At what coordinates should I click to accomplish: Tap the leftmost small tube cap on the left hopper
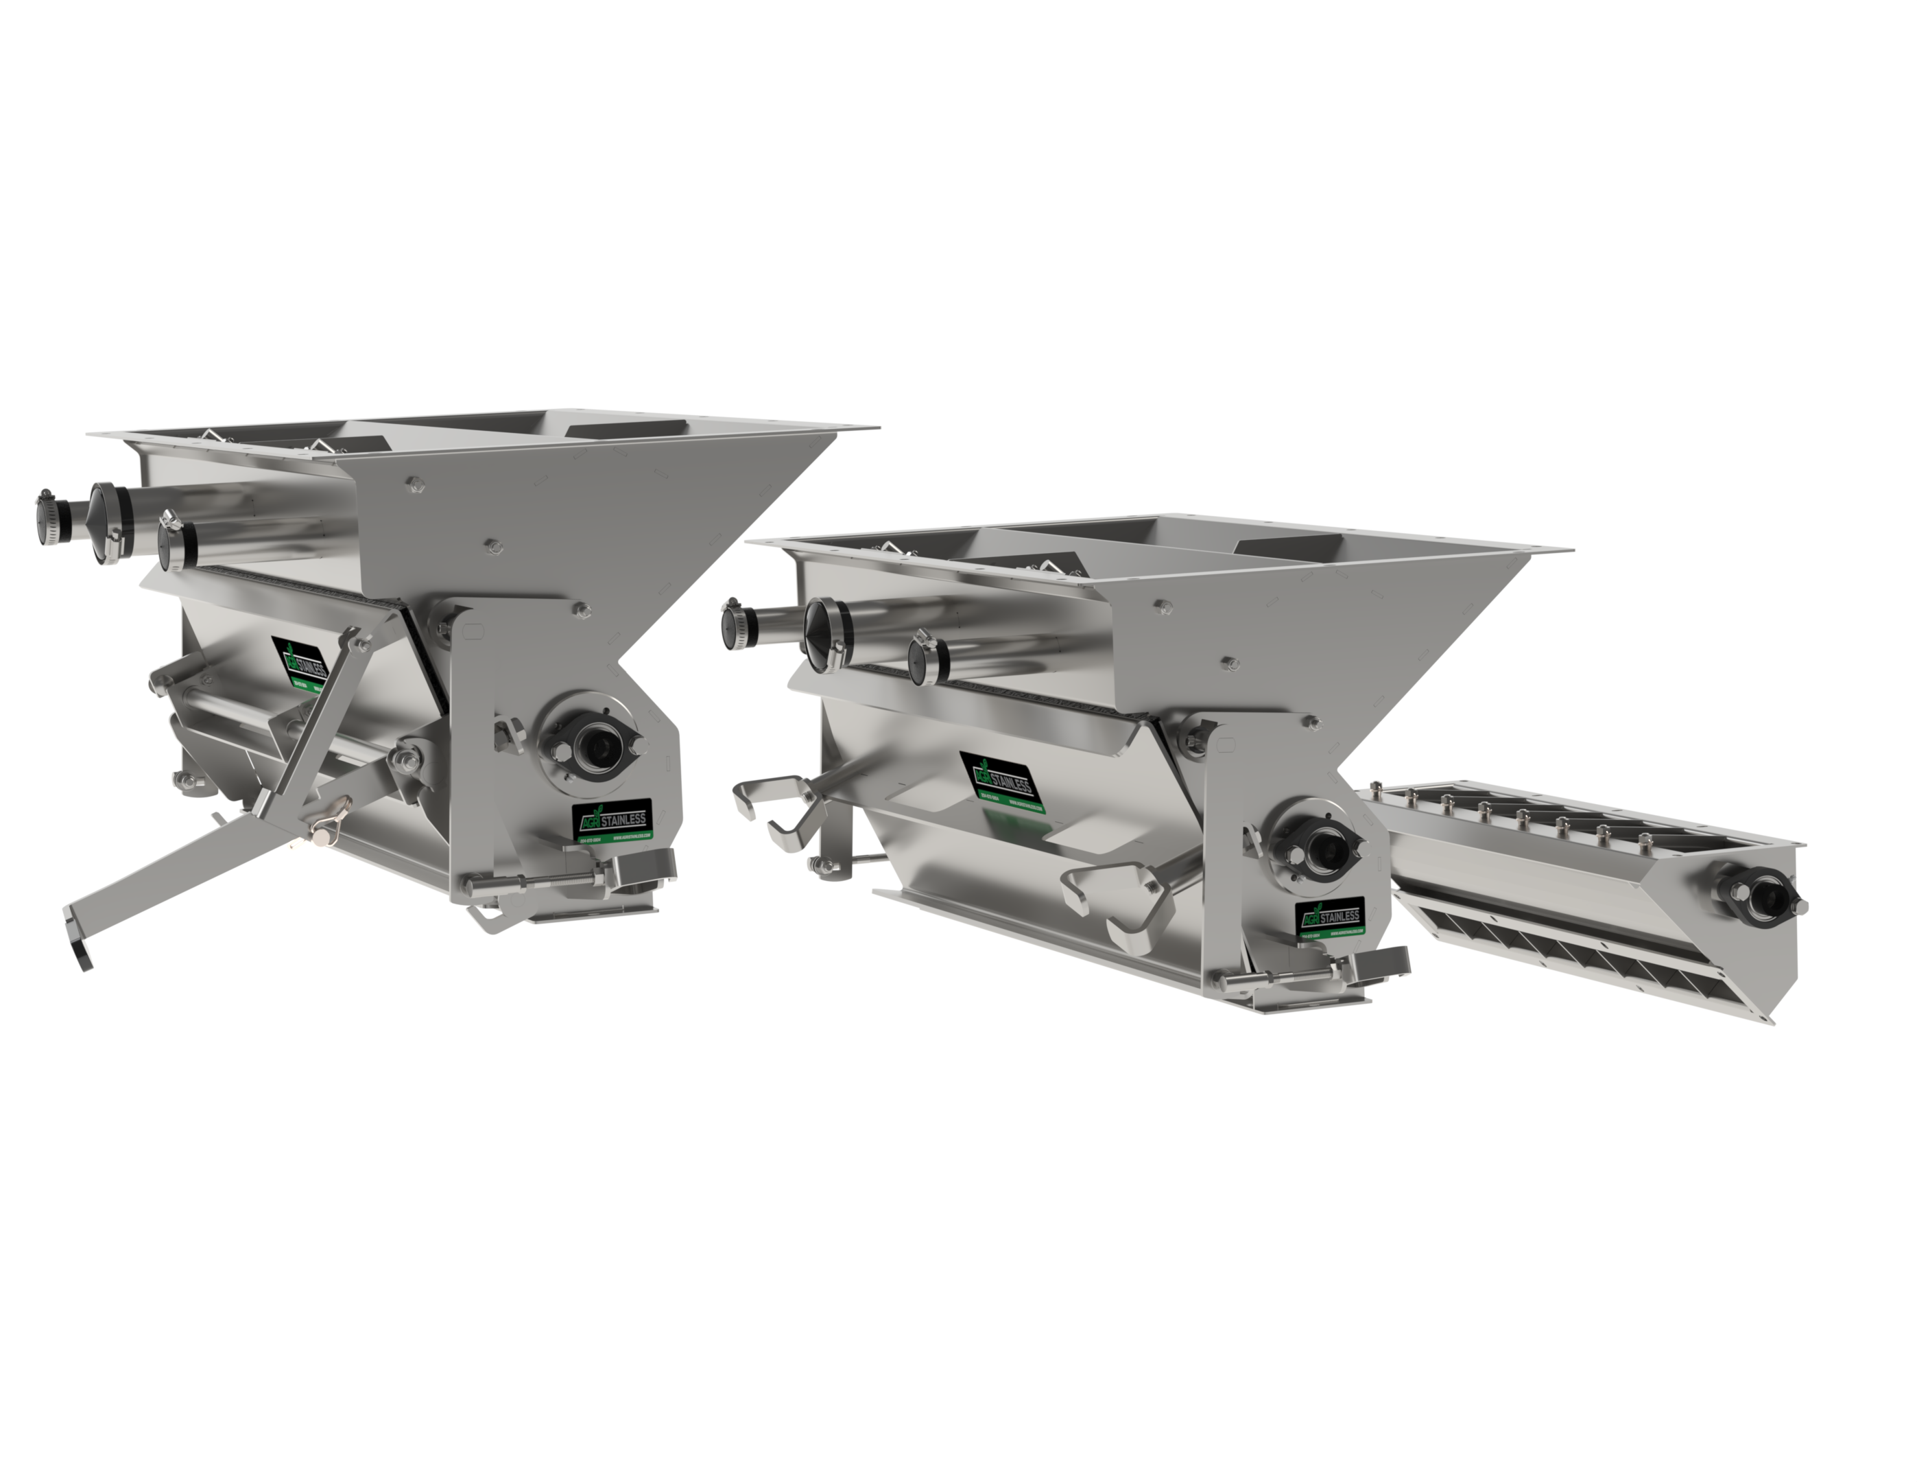46,513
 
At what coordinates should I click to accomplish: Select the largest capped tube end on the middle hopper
821,634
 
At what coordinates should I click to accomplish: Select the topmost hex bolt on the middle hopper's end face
1163,605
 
